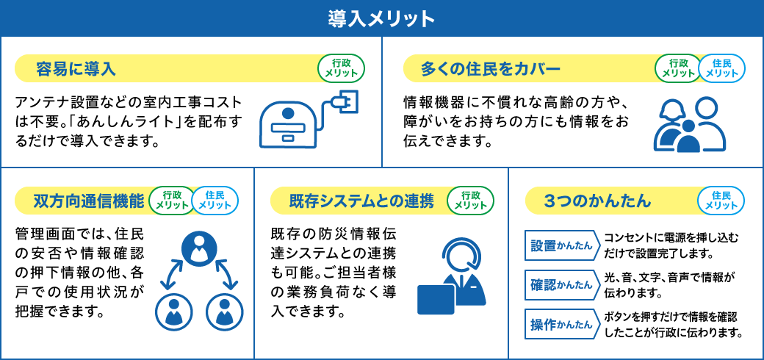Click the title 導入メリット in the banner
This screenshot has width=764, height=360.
(381, 18)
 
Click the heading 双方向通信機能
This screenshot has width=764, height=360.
(89, 201)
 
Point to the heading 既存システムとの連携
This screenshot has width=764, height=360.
(361, 201)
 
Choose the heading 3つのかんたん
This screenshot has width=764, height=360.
(597, 201)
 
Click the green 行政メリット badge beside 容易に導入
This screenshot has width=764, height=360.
(341, 68)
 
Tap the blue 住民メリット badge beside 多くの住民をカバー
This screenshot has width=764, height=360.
(721, 68)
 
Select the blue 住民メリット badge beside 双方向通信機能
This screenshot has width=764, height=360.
(215, 201)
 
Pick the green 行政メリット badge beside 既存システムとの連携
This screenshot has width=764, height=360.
(471, 201)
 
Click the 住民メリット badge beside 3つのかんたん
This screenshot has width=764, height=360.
(721, 201)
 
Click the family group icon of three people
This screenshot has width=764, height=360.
(690, 125)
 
